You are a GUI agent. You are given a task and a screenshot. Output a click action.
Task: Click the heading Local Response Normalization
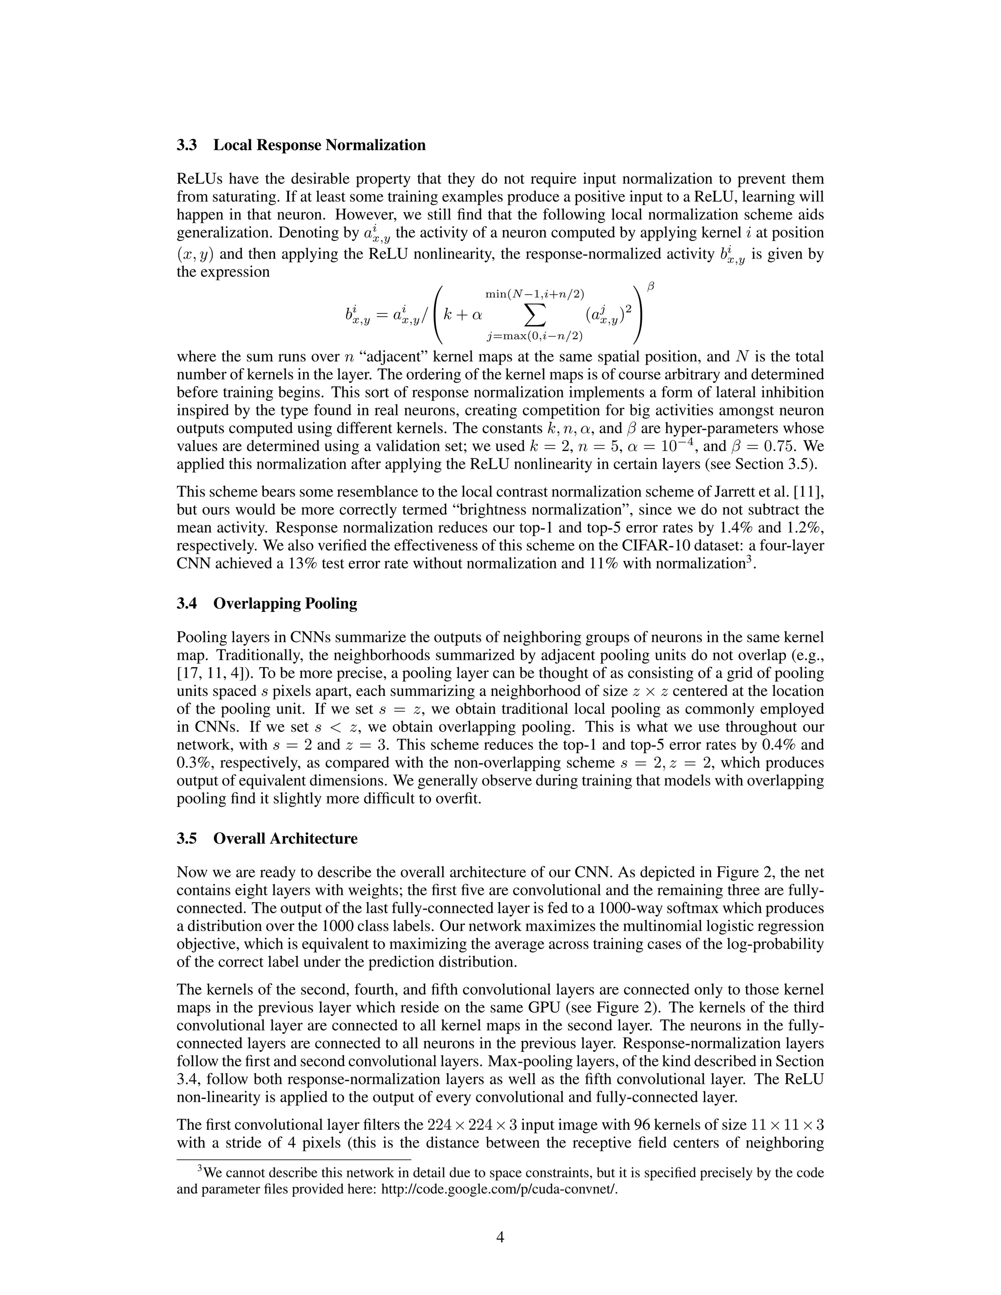tap(319, 145)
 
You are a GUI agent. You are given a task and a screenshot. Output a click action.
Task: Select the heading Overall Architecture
tap(285, 839)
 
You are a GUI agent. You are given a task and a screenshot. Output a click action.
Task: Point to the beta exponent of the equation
tap(651, 287)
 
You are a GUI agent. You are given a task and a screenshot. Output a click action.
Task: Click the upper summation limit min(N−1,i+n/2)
tap(535, 294)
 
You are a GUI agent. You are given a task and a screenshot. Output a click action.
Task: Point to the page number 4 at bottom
tap(500, 1236)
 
